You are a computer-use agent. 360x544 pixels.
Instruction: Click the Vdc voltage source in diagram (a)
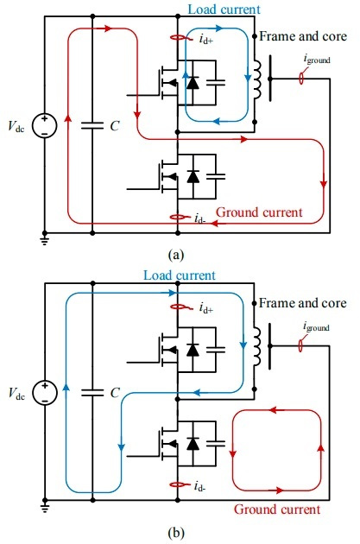(x=44, y=125)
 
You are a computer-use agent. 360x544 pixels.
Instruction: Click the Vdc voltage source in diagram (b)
(x=44, y=392)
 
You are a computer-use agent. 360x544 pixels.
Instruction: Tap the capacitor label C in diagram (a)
(x=115, y=126)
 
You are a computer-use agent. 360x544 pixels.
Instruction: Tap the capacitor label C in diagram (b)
(x=115, y=393)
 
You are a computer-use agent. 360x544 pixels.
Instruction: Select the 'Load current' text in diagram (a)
(x=224, y=9)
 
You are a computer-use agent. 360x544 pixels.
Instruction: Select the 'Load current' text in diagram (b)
(x=180, y=275)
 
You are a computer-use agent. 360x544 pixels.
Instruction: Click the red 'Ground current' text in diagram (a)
(x=259, y=212)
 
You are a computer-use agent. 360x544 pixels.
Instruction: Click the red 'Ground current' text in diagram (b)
(x=277, y=509)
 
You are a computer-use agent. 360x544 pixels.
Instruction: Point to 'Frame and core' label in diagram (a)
(x=303, y=36)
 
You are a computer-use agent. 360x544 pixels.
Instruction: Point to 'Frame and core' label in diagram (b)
(x=303, y=303)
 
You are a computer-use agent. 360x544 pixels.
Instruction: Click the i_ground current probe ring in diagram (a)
(x=301, y=79)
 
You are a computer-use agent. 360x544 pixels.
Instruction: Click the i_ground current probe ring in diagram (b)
(x=300, y=346)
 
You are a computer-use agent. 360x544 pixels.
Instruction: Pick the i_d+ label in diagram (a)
(x=206, y=39)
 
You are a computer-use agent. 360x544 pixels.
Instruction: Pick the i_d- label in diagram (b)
(x=199, y=486)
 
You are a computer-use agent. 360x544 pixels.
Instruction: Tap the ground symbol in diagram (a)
(x=44, y=240)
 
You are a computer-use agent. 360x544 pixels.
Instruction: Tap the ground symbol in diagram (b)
(x=44, y=507)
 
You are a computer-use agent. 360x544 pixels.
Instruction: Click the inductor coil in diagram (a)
(x=257, y=79)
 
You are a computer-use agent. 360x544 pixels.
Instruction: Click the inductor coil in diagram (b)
(x=257, y=346)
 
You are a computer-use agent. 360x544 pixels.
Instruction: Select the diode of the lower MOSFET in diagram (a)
(x=193, y=177)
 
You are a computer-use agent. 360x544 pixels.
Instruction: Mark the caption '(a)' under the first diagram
(x=176, y=255)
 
